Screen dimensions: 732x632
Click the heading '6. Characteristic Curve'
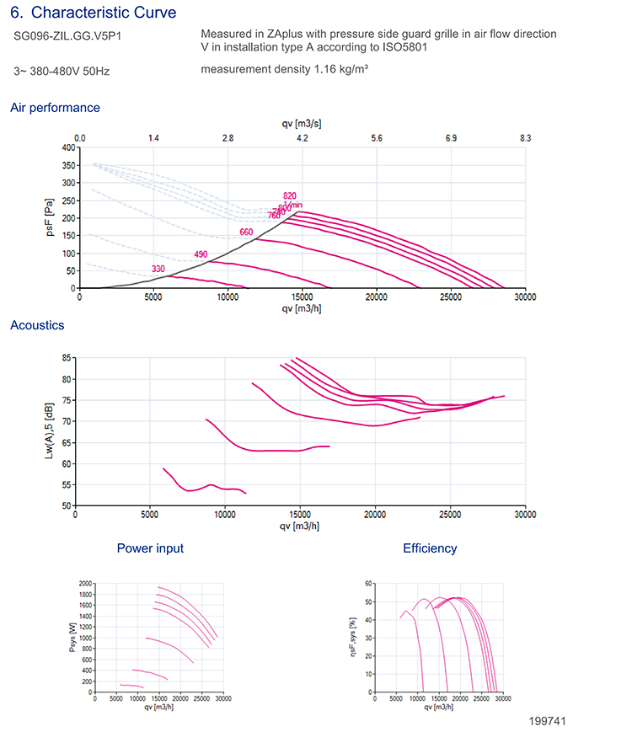pos(93,13)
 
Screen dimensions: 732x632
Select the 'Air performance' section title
pos(55,108)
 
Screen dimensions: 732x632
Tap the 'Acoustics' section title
pos(37,325)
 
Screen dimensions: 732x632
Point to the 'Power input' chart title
pos(150,548)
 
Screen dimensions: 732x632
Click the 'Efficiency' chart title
pos(430,548)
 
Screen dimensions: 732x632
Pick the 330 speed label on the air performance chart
pos(158,269)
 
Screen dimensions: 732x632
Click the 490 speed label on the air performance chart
pos(201,254)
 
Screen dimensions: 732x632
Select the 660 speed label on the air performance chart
pos(246,232)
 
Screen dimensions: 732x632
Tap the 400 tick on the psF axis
pos(67,147)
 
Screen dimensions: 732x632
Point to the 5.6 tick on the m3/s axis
pos(377,137)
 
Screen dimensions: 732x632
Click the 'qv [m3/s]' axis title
pos(302,124)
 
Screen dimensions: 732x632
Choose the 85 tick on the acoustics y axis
pos(66,358)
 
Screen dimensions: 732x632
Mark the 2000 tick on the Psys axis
pos(84,583)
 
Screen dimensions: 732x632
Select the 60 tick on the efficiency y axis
pos(368,583)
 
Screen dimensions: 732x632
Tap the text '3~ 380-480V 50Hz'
pos(62,72)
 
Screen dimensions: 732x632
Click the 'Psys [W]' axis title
pos(72,637)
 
